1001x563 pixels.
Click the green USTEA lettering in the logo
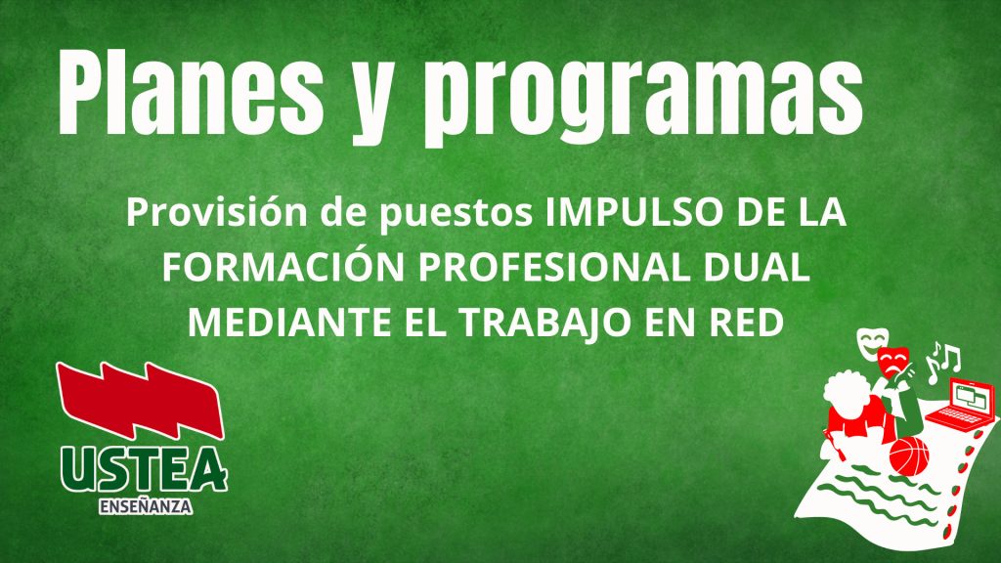pyautogui.click(x=145, y=470)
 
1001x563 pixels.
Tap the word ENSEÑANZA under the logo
pyautogui.click(x=146, y=507)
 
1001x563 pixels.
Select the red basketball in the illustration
pyautogui.click(x=909, y=455)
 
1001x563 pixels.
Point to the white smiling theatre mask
pyautogui.click(x=869, y=345)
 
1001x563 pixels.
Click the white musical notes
pyautogui.click(x=943, y=361)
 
